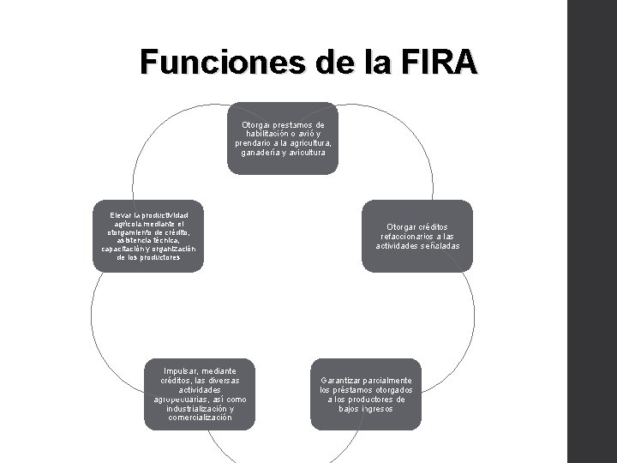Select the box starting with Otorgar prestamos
282,138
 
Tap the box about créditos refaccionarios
417,236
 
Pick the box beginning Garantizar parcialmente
366,394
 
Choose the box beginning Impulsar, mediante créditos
199,394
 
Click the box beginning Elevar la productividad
148,236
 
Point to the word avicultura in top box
307,153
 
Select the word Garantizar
340,380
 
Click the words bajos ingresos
366,409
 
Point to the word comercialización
199,418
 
